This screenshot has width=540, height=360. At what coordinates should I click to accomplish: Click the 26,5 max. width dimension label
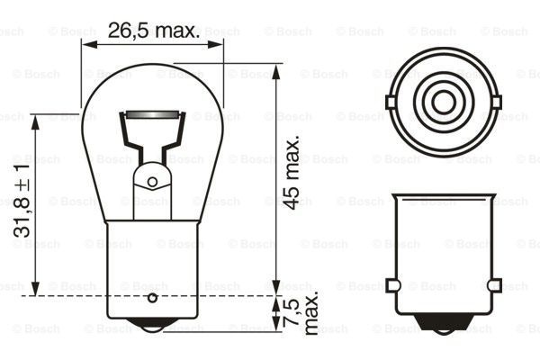pos(153,30)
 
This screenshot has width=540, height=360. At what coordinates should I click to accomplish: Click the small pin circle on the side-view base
pos(152,296)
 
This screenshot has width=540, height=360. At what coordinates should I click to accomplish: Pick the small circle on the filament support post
pos(152,182)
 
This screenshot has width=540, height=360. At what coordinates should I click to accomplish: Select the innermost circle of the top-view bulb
pos(444,102)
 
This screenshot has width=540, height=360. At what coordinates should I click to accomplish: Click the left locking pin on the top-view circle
pos(391,102)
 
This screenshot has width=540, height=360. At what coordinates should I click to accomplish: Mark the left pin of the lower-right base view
pos(391,285)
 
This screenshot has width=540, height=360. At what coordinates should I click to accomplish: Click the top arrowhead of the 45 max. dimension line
pos(274,69)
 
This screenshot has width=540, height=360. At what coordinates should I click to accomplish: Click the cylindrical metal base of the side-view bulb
pos(151,270)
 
